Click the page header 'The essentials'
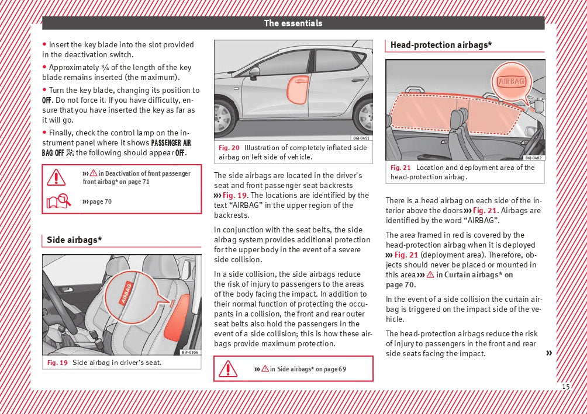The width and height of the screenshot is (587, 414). coord(293,23)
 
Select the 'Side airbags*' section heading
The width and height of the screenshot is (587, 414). coord(74,240)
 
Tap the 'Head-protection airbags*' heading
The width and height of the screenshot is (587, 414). coord(441,45)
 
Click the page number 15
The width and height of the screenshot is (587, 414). coord(565,387)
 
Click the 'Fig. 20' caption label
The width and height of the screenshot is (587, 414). coord(229,148)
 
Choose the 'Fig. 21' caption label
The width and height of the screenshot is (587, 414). coord(401,168)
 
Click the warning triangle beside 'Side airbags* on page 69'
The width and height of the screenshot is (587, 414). coord(227,368)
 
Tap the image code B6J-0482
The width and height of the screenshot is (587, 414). coord(533,158)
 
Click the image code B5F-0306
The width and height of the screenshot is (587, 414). coord(189,352)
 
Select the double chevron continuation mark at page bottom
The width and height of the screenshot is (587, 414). coord(548,353)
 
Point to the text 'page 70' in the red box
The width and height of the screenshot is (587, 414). coord(100,201)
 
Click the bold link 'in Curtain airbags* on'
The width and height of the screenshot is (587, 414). coord(474,274)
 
